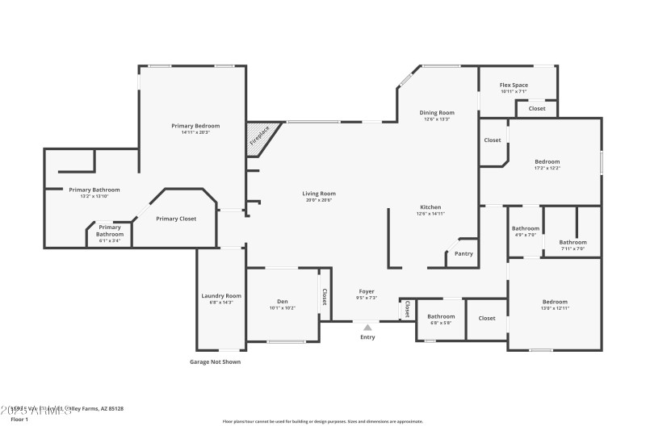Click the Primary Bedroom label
pos(195,126)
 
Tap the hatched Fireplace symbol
pos(262,138)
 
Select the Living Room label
pos(319,194)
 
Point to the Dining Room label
pos(437,113)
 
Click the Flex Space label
pos(514,85)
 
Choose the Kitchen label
pos(430,207)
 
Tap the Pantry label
pos(464,254)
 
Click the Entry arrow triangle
pos(367,327)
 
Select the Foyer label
pos(367,291)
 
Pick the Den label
pos(282,302)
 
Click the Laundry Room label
pos(221,296)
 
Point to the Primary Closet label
pos(176,219)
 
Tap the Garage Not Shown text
pos(215,362)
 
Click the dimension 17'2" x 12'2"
pos(547,169)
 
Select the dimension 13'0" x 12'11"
pos(555,308)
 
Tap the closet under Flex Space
pos(537,108)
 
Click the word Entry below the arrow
pos(367,337)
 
